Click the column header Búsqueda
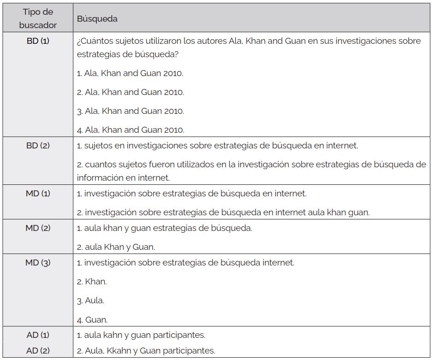[97, 19]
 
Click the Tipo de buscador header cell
[38, 19]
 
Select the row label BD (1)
[38, 41]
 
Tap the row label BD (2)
[38, 146]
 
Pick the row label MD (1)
[38, 194]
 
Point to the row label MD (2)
[38, 228]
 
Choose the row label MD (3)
[38, 263]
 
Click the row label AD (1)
[38, 335]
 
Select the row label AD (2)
[38, 350]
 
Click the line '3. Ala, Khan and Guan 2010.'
[131, 111]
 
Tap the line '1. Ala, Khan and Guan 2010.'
[130, 73]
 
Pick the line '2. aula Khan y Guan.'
[116, 247]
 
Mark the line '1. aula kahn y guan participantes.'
[141, 335]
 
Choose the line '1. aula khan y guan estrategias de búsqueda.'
[165, 228]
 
